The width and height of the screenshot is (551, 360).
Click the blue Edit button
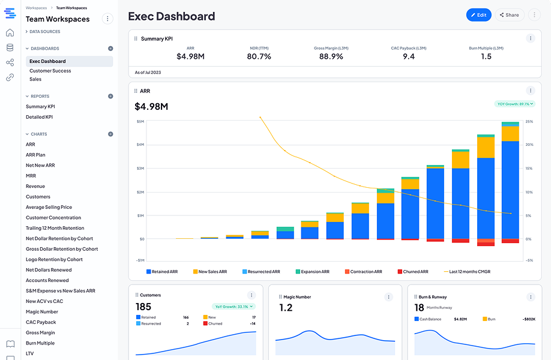(x=478, y=15)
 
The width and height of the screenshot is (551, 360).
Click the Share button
(x=509, y=15)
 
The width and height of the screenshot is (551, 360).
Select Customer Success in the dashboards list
(x=50, y=71)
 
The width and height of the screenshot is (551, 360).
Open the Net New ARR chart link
(x=40, y=166)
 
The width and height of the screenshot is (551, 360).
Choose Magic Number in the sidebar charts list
(x=42, y=312)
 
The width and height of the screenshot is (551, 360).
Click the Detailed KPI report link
(x=39, y=117)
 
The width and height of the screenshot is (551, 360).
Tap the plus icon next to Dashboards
(x=110, y=49)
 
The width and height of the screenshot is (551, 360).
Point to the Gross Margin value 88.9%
(x=331, y=56)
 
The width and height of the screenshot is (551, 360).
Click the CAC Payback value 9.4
(x=408, y=56)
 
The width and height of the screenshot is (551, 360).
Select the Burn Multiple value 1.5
(x=486, y=56)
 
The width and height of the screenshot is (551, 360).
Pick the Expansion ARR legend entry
(x=313, y=272)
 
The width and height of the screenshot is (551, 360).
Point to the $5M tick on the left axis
(x=140, y=121)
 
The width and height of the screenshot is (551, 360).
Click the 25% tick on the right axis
(x=529, y=121)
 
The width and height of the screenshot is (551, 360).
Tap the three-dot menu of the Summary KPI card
(x=530, y=38)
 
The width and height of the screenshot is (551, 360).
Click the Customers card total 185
(x=143, y=307)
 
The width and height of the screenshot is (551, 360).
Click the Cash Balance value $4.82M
(x=460, y=319)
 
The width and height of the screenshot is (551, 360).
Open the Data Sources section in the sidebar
(x=44, y=32)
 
